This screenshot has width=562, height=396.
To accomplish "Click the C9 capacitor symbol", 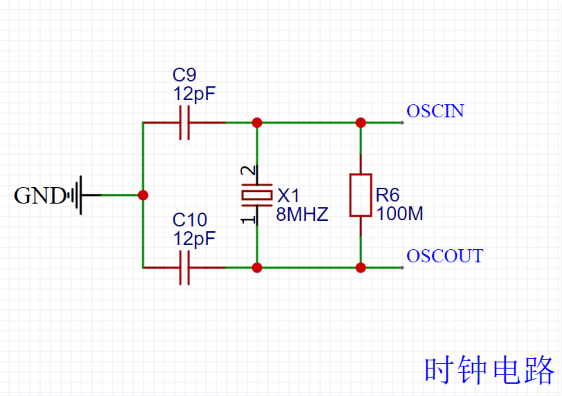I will click(184, 123).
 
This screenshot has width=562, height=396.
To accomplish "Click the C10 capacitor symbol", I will click(184, 267).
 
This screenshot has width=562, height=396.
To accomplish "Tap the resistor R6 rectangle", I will click(361, 195).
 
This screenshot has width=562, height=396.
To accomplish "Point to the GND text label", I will click(40, 196).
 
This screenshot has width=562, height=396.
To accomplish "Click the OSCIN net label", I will click(435, 111).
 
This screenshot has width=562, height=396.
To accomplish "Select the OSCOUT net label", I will click(445, 256).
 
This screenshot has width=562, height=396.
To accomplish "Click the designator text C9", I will click(184, 75).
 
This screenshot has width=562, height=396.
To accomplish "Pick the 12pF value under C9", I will click(194, 94).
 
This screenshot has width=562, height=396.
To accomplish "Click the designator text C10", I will click(189, 220).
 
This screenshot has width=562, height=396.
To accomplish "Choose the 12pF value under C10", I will click(194, 239).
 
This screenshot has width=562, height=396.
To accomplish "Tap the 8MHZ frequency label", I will click(302, 214).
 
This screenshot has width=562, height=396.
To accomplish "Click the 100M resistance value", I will click(399, 214).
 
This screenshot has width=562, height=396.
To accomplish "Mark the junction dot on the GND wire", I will click(143, 195).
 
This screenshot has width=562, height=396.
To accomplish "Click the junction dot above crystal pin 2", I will click(257, 123).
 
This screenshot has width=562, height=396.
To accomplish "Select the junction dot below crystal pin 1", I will click(257, 267).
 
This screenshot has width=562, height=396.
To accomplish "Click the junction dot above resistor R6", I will click(361, 123).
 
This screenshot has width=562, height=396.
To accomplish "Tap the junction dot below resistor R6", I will click(361, 267).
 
